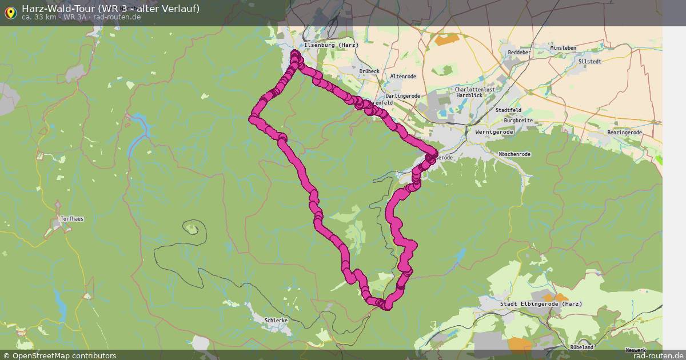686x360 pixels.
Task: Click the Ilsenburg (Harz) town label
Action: coord(331,45)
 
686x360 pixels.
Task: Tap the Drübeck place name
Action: coord(369,71)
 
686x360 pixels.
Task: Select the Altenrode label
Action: coord(403,77)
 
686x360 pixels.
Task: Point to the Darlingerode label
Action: coord(402,96)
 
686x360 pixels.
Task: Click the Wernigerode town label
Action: coord(494,132)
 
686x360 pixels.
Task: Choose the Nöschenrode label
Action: coord(514,154)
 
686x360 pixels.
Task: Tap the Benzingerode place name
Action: coord(625,133)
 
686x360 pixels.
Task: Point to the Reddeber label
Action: coord(520,53)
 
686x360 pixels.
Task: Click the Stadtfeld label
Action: coord(508,110)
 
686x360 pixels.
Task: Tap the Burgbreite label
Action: coord(518,121)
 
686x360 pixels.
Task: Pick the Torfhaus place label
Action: coord(72,219)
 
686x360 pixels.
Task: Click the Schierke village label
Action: coord(276,321)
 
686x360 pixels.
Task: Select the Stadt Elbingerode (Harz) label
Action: coord(541,304)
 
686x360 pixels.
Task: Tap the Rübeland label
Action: coord(582,347)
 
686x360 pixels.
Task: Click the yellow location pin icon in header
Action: coord(10,13)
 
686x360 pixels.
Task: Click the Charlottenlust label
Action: coord(474,90)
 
